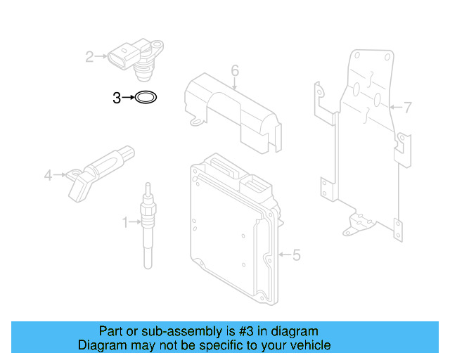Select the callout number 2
point(90,56)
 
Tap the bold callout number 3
point(117,98)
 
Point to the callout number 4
point(48,174)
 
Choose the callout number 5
point(296,255)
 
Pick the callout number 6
point(235,70)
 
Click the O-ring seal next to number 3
point(146,97)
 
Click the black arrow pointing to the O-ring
point(129,98)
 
